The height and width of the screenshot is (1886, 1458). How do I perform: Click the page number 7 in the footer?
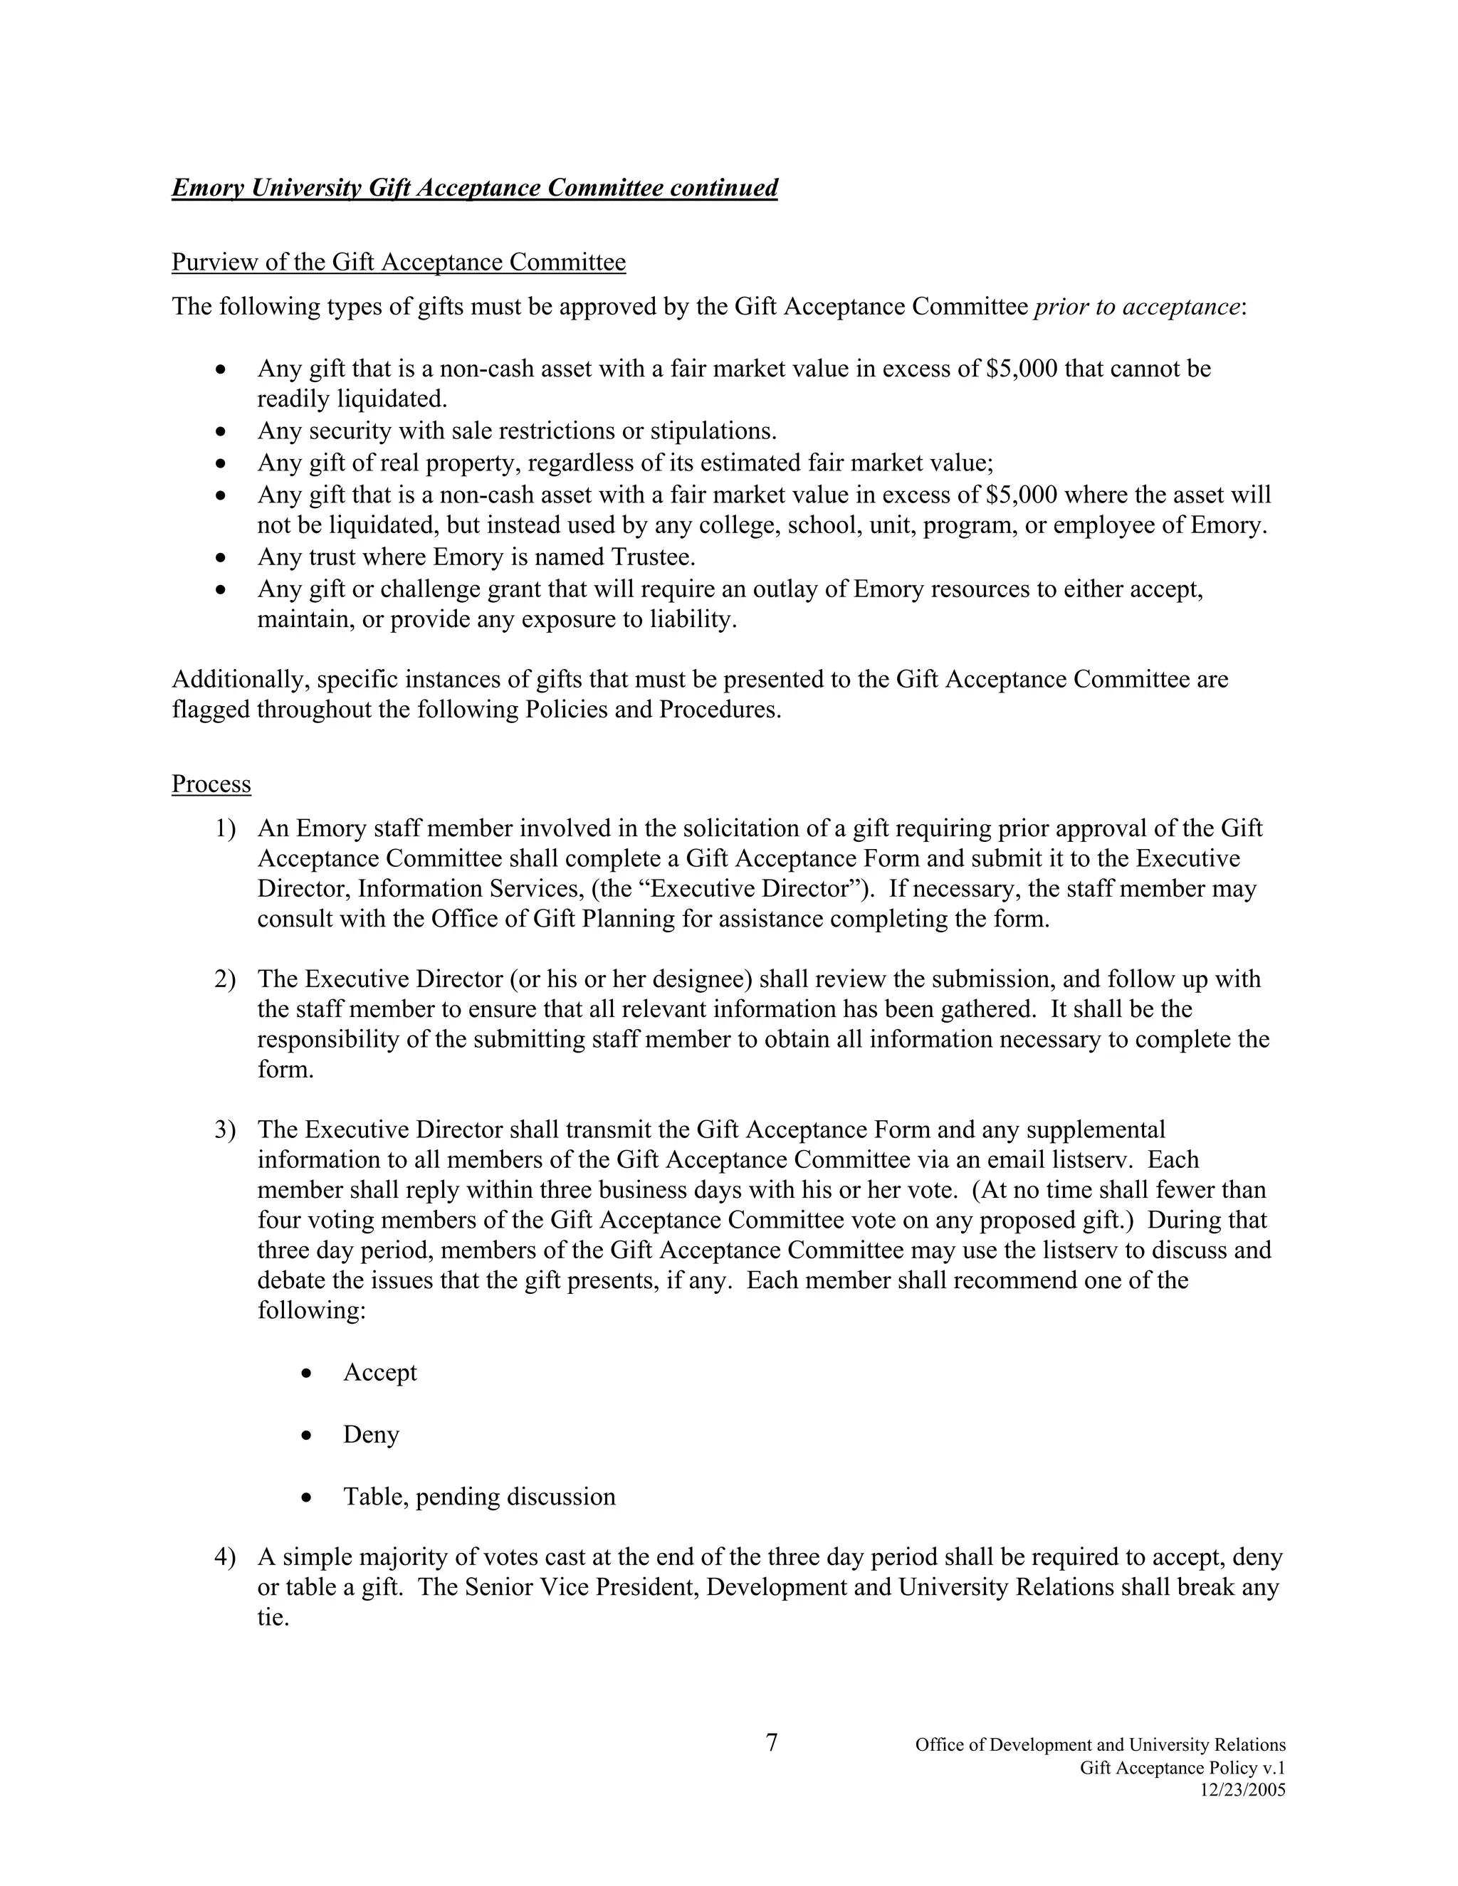[771, 1744]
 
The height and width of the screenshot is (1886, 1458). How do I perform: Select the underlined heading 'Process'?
[211, 784]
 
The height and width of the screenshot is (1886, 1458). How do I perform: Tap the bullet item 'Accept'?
[380, 1372]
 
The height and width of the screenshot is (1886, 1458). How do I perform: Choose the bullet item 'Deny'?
[372, 1434]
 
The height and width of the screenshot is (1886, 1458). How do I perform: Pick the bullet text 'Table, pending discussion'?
[479, 1497]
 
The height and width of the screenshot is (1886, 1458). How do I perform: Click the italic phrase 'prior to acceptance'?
[1137, 307]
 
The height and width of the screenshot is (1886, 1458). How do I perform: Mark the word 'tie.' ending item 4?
[272, 1618]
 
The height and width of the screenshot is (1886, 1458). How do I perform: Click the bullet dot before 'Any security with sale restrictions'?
[222, 430]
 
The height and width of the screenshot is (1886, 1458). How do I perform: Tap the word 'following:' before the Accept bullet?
[312, 1310]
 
